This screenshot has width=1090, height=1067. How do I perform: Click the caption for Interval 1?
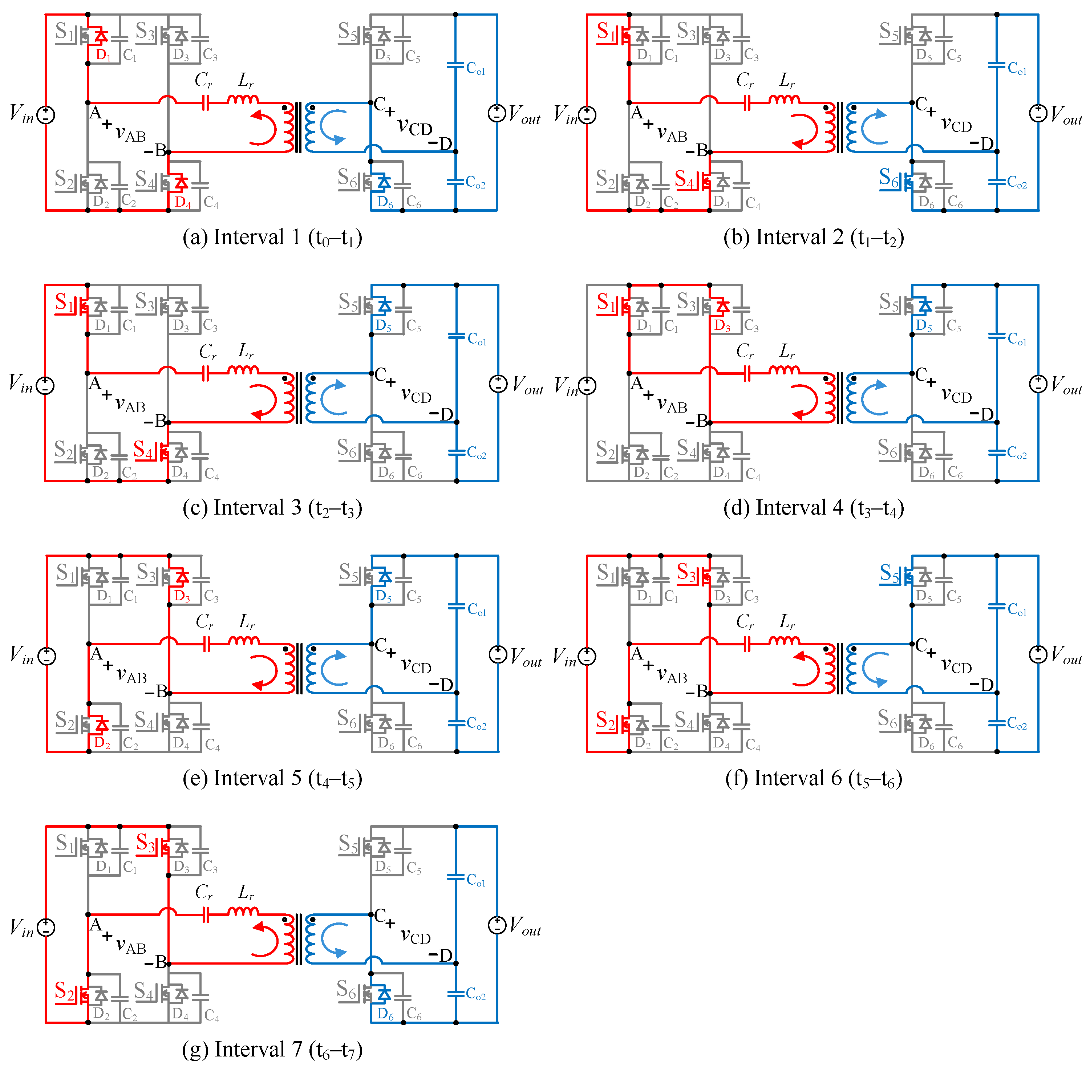click(272, 238)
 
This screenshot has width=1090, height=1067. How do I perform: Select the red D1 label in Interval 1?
click(104, 55)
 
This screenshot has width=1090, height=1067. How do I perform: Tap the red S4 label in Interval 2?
click(685, 179)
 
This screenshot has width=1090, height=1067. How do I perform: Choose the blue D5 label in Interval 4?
click(924, 326)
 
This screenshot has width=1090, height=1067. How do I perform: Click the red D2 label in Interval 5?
click(102, 743)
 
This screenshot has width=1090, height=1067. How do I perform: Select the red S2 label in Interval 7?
click(64, 991)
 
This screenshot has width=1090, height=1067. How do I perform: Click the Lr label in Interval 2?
click(787, 81)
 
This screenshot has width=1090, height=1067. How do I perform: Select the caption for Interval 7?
click(272, 1049)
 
